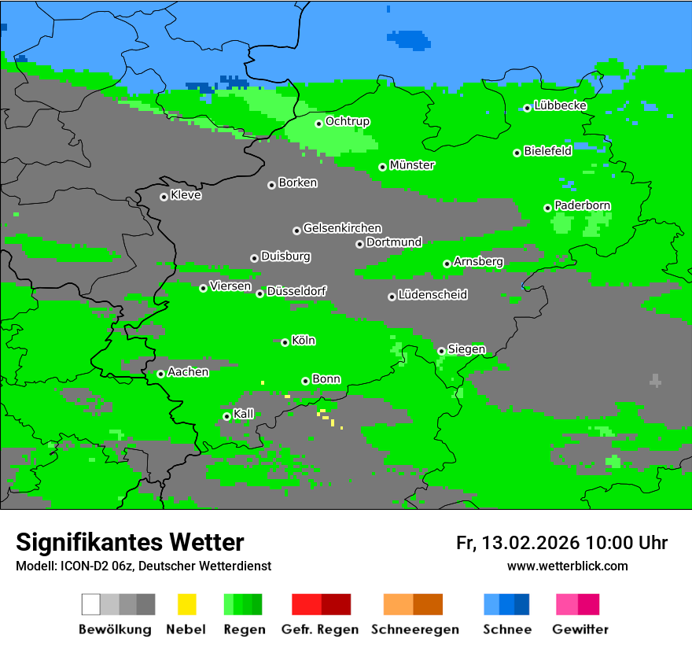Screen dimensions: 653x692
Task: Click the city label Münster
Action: tap(412, 165)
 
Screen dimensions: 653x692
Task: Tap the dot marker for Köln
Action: tap(285, 342)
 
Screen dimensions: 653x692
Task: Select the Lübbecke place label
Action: tap(560, 105)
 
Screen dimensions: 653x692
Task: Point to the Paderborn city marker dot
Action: tap(547, 208)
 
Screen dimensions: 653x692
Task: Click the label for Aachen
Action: tap(188, 372)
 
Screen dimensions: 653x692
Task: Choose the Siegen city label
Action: tap(466, 349)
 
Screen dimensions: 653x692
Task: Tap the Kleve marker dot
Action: tap(164, 197)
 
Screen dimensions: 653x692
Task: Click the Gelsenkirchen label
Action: tap(342, 228)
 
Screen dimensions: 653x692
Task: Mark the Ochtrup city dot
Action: tap(318, 124)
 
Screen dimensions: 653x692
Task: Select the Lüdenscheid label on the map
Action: tap(432, 295)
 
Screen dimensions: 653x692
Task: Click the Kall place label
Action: tap(244, 414)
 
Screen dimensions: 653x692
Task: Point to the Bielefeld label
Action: tap(547, 151)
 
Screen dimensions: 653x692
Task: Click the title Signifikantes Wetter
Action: tap(130, 542)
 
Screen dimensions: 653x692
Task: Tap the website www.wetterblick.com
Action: tap(567, 566)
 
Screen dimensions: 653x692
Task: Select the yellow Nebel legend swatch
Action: tap(186, 604)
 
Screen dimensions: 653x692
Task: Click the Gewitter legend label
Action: tap(580, 629)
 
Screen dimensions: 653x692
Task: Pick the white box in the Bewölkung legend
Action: tap(91, 604)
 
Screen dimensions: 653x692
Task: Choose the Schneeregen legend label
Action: tap(415, 629)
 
